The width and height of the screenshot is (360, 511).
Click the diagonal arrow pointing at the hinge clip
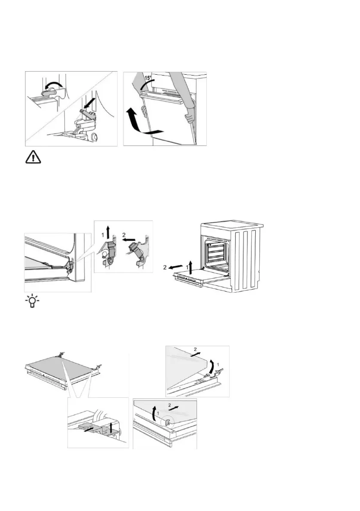tap(91, 104)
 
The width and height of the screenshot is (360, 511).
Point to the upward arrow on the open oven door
tap(191, 264)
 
